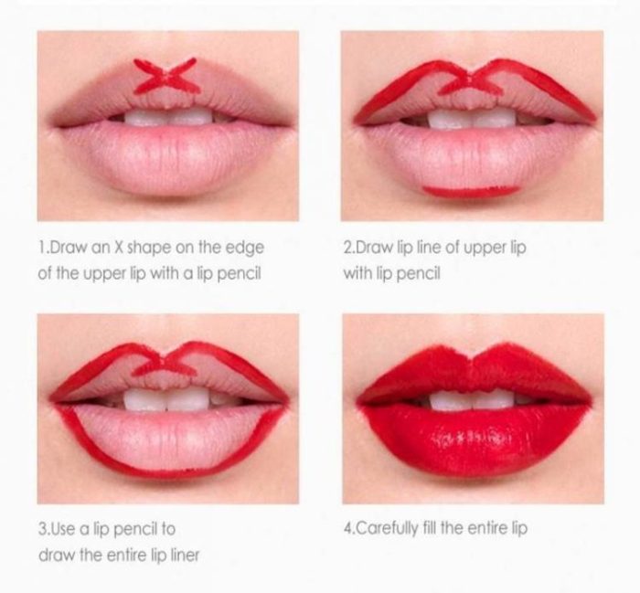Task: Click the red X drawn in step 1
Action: point(167,76)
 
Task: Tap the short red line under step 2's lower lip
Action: point(471,192)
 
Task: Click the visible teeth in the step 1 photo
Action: point(168,117)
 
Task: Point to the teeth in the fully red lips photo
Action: point(472,399)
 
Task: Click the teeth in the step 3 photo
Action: point(167,398)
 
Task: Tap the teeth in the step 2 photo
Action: point(471,119)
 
